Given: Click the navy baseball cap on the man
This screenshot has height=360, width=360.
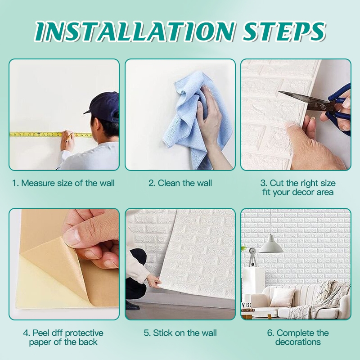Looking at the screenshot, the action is pyautogui.click(x=102, y=105).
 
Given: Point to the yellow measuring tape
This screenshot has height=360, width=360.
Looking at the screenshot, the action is pyautogui.click(x=51, y=134).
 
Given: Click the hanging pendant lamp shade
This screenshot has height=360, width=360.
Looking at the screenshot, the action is pyautogui.click(x=271, y=245).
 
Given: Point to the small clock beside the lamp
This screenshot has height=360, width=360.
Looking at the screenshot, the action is pyautogui.click(x=252, y=251).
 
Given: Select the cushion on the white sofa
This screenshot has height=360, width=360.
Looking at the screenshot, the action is pyautogui.click(x=282, y=297).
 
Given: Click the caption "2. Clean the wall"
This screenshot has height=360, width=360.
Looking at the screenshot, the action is pyautogui.click(x=180, y=183).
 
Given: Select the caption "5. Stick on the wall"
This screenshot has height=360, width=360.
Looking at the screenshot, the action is pyautogui.click(x=180, y=333).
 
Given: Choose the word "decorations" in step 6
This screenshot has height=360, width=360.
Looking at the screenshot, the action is pyautogui.click(x=298, y=342).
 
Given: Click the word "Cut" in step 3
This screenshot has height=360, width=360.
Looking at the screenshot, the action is pyautogui.click(x=277, y=183).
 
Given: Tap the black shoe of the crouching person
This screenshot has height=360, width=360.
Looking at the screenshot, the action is pyautogui.click(x=132, y=306).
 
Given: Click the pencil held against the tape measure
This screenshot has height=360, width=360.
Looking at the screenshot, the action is pyautogui.click(x=69, y=137).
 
